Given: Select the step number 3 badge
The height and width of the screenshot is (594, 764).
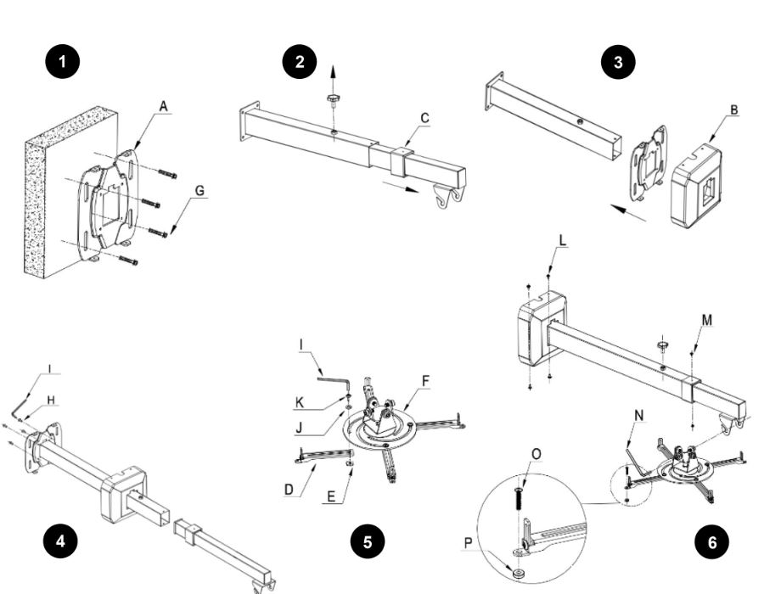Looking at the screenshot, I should pos(617,63).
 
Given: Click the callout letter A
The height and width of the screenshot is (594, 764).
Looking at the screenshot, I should pos(163,106).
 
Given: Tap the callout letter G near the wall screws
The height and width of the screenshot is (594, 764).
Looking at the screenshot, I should pos(199,191).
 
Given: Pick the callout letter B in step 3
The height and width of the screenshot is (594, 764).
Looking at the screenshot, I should pos(733,109).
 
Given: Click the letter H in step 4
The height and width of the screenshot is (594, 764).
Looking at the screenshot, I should pos(50,399).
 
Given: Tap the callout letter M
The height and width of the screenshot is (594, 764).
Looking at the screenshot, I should pos(707,320).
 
